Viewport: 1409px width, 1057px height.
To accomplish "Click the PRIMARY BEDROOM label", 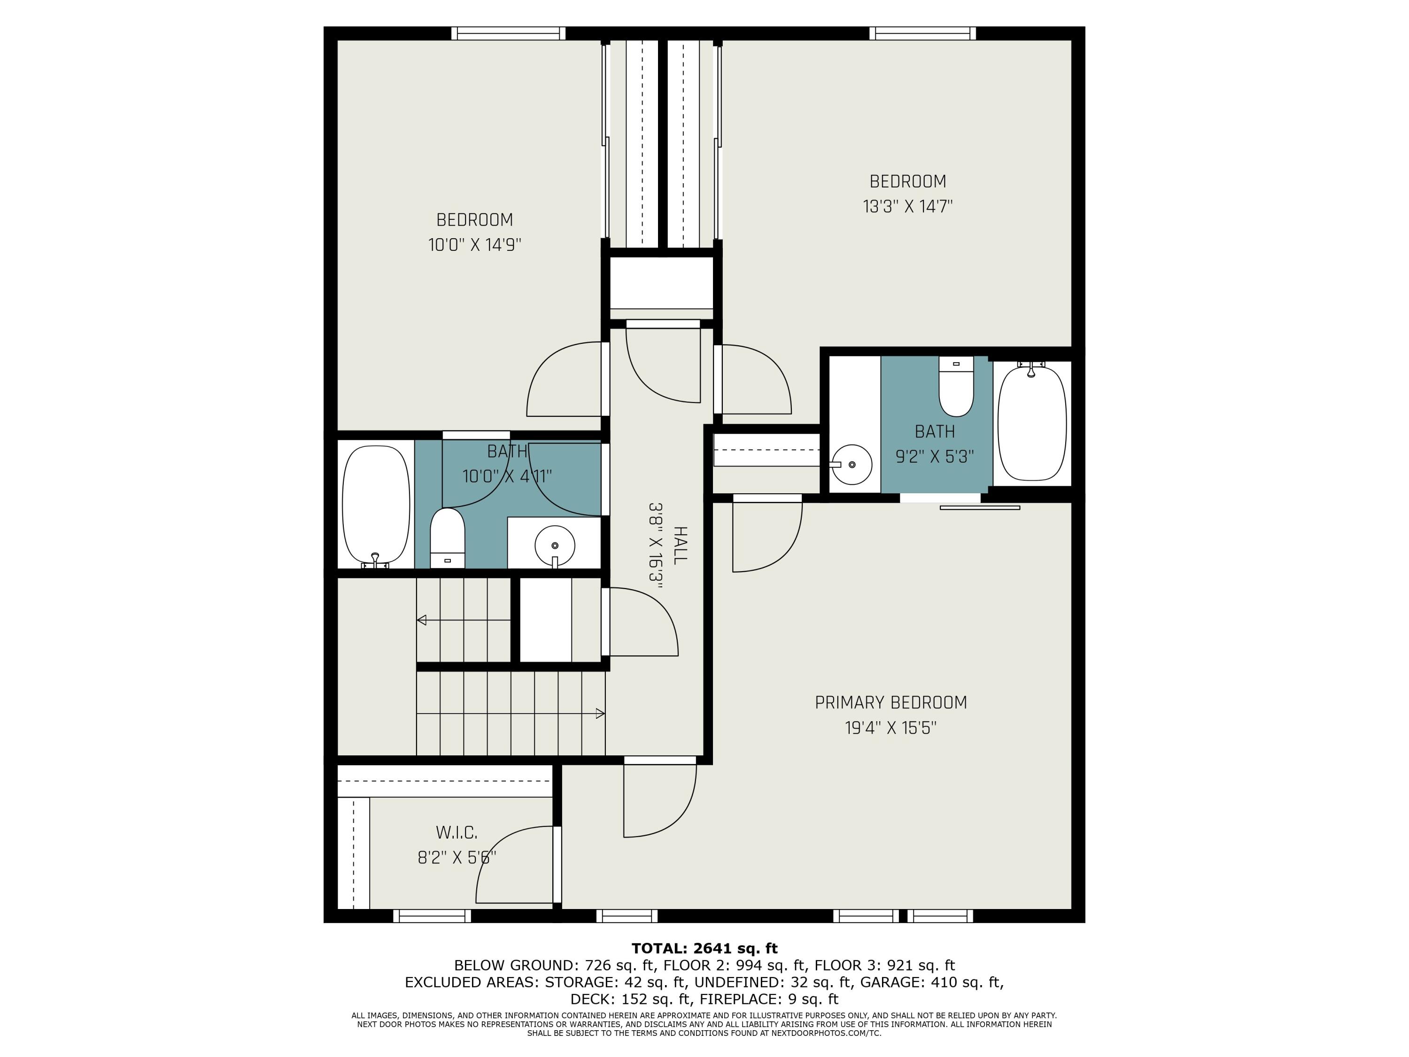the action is pos(890,702).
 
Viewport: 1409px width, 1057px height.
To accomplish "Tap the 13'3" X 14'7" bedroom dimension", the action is pos(908,206).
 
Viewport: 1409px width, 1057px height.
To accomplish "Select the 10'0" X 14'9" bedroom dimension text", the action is pos(474,245).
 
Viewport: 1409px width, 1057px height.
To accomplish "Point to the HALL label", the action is pos(680,545).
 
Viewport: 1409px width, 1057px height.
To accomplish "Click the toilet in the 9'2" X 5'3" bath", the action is pos(956,386).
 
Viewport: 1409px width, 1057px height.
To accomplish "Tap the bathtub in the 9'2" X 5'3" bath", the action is pos(1031,423).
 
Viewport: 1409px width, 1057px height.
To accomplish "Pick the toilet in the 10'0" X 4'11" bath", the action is pos(447,538).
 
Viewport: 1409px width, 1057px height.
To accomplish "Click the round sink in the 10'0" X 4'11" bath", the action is pos(555,546).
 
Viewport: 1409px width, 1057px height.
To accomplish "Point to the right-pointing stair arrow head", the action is pos(600,714).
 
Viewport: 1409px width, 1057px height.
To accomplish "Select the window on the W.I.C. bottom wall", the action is pos(432,916).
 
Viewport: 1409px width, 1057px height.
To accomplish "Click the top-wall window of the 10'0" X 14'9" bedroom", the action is pos(508,33).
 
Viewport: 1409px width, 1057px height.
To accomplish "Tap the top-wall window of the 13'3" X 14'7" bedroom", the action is pos(923,33).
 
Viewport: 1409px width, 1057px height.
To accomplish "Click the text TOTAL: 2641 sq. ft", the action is pos(704,948).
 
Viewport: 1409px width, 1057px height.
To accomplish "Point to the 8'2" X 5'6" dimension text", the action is pos(457,857).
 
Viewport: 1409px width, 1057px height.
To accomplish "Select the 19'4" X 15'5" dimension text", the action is pos(890,728).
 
